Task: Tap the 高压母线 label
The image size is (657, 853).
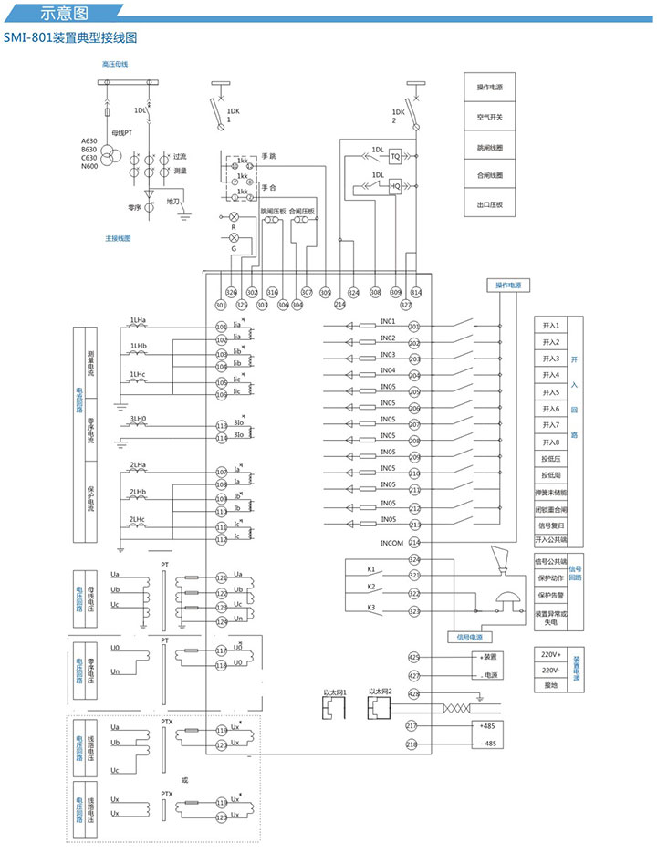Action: (x=115, y=64)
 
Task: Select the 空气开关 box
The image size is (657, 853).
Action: (x=489, y=117)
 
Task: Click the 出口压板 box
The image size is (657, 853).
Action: (x=489, y=204)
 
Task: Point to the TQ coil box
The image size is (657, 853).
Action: (x=395, y=156)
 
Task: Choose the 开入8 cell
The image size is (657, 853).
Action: (x=550, y=442)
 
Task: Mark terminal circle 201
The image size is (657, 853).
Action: (x=414, y=327)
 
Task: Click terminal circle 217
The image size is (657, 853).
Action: (x=414, y=725)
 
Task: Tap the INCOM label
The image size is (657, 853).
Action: (x=391, y=543)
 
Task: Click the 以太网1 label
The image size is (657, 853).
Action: (x=336, y=693)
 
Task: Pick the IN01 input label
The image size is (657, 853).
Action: (x=388, y=322)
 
